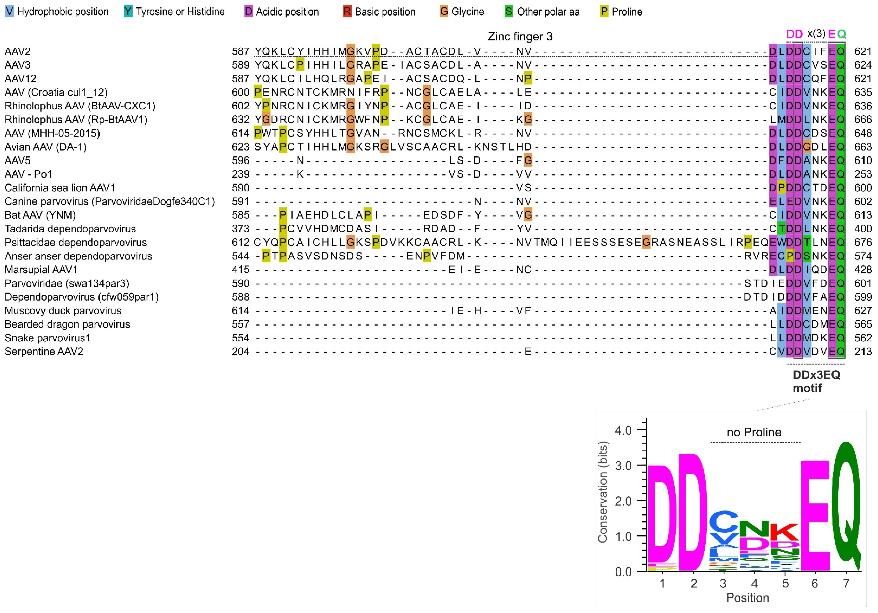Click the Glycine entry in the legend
(x=462, y=12)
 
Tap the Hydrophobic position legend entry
(x=57, y=12)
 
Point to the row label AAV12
(x=21, y=79)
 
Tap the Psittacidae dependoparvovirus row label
(x=76, y=242)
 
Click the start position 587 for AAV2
(x=240, y=51)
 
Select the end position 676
(x=863, y=242)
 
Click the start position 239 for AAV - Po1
(x=240, y=174)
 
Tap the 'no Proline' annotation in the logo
(x=754, y=433)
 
